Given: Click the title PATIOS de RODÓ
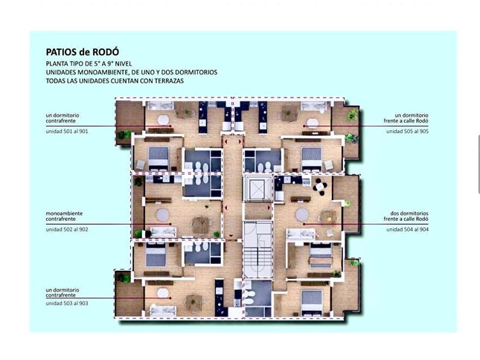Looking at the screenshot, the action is tap(83, 51).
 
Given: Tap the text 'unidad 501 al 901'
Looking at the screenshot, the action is tap(67, 131).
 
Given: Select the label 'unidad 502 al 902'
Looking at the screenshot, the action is tap(67, 229).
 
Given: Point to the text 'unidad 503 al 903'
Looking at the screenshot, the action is tap(67, 303).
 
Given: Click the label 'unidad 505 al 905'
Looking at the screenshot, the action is tap(407, 131).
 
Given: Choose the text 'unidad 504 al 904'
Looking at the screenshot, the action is tap(407, 229).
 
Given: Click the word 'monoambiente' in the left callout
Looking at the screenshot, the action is tap(64, 213).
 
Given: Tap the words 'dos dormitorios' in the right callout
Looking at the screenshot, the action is tap(409, 213).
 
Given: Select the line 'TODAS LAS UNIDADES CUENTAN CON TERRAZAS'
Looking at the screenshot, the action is tap(115, 81).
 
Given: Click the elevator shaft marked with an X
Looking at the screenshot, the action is tap(257, 188).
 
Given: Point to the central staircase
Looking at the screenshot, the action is tap(257, 250).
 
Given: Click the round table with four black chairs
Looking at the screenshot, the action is tap(320, 186).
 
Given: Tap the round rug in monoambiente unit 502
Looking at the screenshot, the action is tap(163, 214).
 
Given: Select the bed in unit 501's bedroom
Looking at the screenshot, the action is tap(159, 158).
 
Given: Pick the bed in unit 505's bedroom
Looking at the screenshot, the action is tap(312, 158).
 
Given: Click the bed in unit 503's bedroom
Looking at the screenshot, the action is tap(156, 254).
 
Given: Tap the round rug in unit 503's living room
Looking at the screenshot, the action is tap(163, 293).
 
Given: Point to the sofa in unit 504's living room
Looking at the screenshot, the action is tap(301, 234).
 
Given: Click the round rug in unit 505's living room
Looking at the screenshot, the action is tap(313, 123).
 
